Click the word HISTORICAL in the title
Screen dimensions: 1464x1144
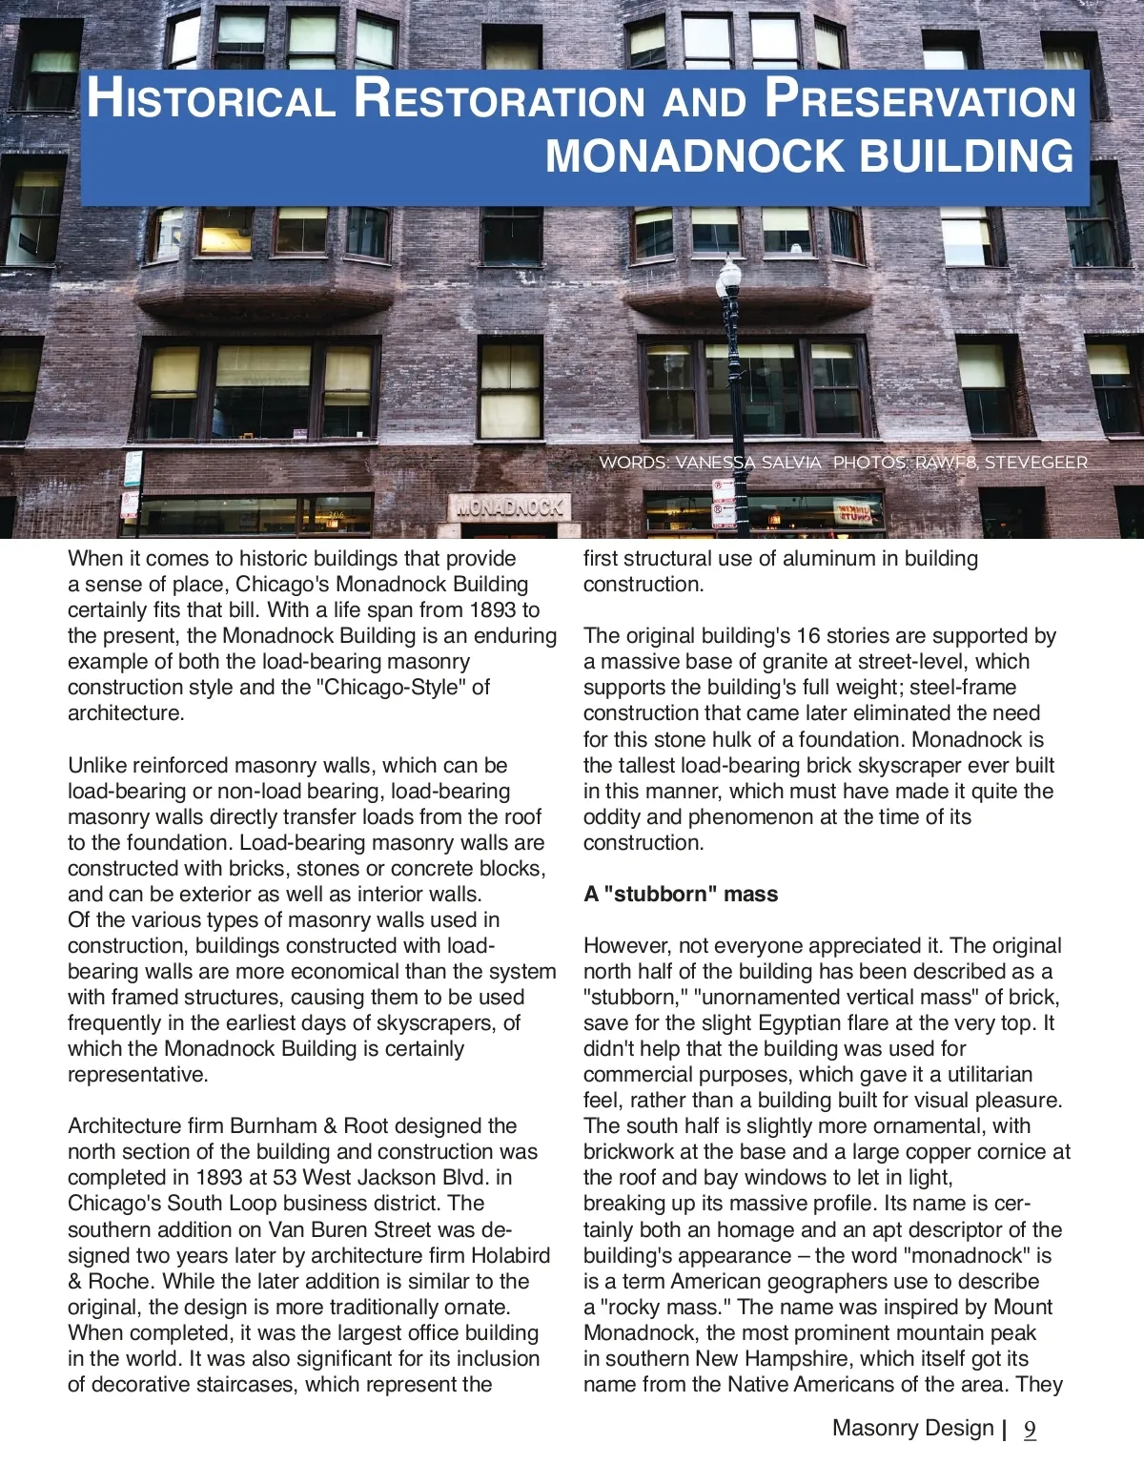211,99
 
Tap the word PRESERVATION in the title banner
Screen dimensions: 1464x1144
920,99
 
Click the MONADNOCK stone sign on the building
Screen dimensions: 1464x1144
509,507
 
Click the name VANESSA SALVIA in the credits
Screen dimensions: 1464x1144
747,463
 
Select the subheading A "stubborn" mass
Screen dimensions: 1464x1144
681,895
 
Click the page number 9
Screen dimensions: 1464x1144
1030,1430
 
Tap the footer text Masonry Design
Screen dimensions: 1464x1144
912,1428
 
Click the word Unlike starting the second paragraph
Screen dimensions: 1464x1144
96,766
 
